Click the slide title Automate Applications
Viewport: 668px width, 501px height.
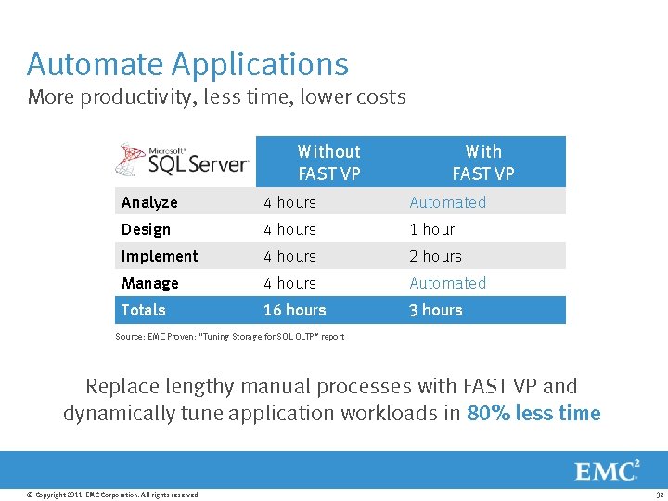pyautogui.click(x=187, y=64)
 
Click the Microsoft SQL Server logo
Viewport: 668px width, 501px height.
pyautogui.click(x=183, y=161)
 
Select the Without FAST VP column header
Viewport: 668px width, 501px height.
pyautogui.click(x=328, y=162)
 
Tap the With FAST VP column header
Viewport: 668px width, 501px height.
pyautogui.click(x=482, y=162)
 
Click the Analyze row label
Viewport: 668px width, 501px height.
pyautogui.click(x=149, y=202)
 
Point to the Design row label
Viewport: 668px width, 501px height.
pyautogui.click(x=146, y=229)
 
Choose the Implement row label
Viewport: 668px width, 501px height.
pyautogui.click(x=160, y=256)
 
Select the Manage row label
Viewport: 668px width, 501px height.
pyautogui.click(x=149, y=283)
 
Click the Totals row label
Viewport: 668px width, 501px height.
pyautogui.click(x=143, y=310)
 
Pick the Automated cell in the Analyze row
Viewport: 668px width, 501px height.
pyautogui.click(x=447, y=202)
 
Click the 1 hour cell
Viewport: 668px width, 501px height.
pyautogui.click(x=431, y=229)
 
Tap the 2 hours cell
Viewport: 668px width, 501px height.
pyautogui.click(x=435, y=256)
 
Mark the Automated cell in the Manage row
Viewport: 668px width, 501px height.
pyautogui.click(x=447, y=283)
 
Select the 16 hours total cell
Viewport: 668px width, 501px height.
pyautogui.click(x=294, y=310)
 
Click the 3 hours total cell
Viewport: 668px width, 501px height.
pyautogui.click(x=435, y=310)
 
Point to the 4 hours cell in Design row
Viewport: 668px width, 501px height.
pyautogui.click(x=289, y=229)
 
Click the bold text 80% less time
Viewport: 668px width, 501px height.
pyautogui.click(x=533, y=414)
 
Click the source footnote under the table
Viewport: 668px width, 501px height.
pyautogui.click(x=229, y=337)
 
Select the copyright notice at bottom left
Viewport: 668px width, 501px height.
pyautogui.click(x=113, y=495)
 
